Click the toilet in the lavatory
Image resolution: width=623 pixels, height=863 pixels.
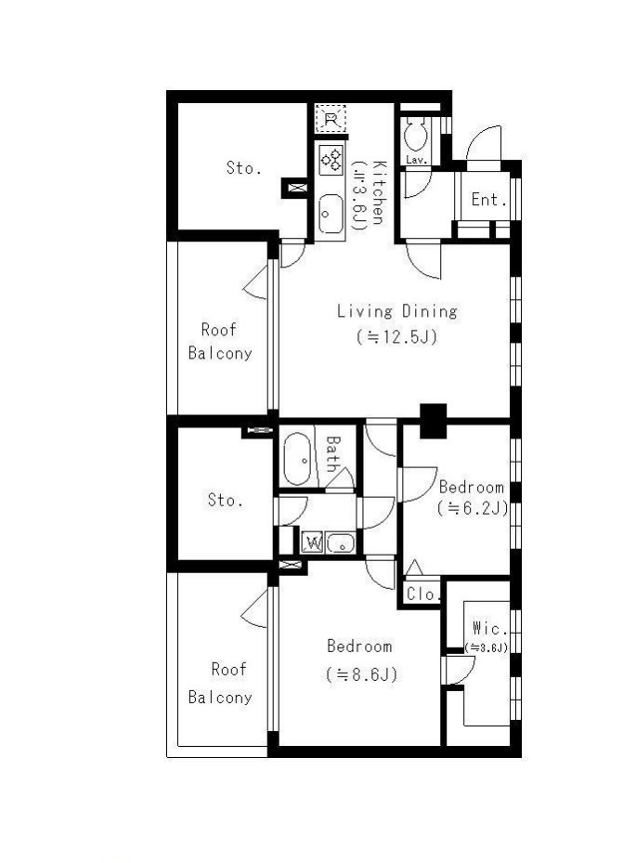pos(415,135)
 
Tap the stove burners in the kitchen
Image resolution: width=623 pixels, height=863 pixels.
pos(331,160)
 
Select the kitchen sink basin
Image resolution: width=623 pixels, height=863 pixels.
pos(331,214)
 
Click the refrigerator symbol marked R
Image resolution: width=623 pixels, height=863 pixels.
pos(331,119)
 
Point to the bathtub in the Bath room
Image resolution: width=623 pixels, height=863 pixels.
pos(297,460)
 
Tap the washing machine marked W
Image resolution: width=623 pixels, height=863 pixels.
pos(312,543)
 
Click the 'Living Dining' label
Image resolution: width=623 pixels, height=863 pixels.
pos(397,311)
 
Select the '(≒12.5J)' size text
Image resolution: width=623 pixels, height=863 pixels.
pos(397,336)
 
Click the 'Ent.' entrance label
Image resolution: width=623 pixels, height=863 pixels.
pos(488,200)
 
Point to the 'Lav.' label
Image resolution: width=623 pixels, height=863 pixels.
pos(417,160)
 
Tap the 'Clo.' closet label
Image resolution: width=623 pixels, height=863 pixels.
pos(423,595)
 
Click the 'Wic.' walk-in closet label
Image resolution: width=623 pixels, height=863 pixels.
pos(488,628)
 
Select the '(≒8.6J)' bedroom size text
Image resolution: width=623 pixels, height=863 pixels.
pos(361,674)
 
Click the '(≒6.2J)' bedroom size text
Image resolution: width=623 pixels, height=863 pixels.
pos(473,508)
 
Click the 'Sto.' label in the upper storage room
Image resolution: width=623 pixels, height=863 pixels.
pos(243,168)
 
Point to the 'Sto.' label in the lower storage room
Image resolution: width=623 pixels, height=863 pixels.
pos(225,500)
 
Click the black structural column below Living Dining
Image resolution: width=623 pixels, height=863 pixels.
pos(434,421)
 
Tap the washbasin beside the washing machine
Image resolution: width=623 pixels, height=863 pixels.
pos(341,543)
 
